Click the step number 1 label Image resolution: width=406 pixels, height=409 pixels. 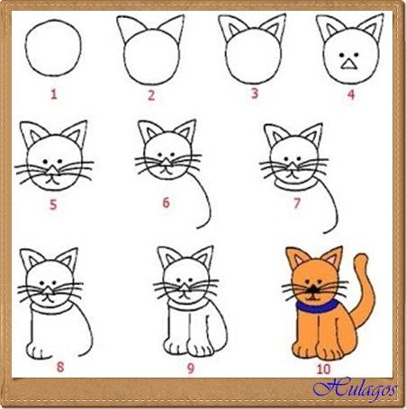(54, 94)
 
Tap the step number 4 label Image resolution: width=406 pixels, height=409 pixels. (351, 94)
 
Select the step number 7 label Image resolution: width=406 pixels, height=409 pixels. (296, 203)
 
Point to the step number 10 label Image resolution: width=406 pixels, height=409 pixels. (323, 369)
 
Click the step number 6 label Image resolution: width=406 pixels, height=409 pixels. (166, 202)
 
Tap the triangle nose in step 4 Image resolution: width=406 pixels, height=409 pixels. (348, 64)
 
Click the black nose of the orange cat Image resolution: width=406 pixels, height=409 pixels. (313, 289)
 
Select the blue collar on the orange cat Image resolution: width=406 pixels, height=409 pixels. (316, 307)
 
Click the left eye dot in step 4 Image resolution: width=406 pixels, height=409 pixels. (341, 55)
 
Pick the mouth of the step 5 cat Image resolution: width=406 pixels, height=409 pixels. (52, 181)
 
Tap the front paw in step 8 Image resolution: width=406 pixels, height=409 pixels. (38, 351)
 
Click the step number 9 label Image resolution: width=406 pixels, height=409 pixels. (191, 369)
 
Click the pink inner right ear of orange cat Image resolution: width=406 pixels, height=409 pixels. (333, 260)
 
